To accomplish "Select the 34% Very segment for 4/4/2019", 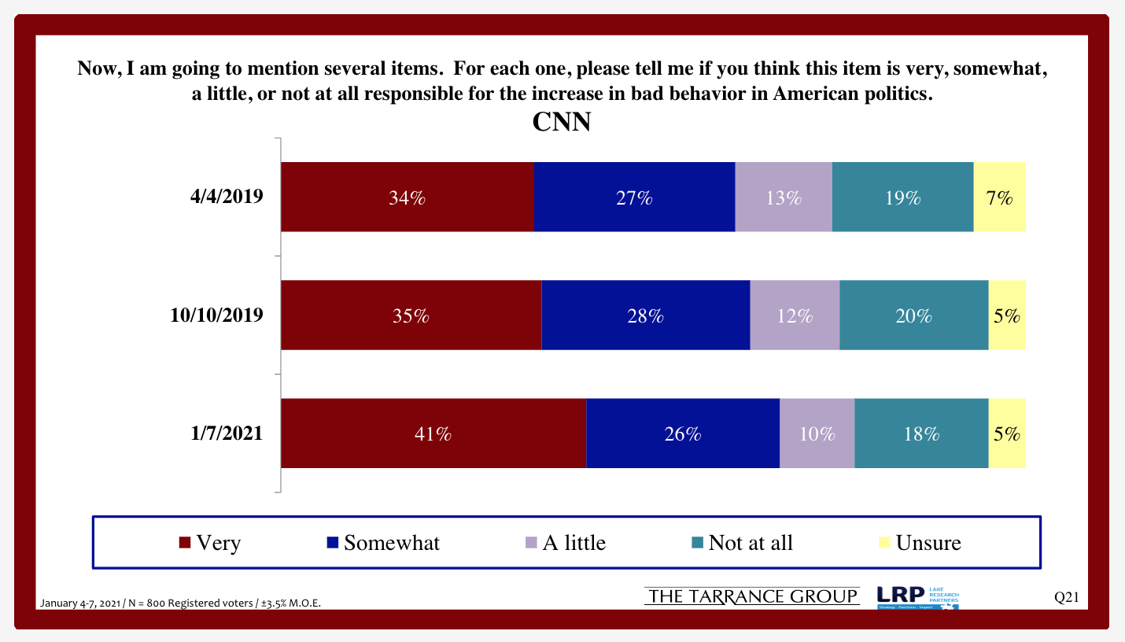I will click(408, 197).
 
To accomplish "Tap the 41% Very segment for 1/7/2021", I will click(433, 434).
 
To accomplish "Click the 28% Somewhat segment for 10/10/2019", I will click(645, 315).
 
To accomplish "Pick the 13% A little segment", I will click(783, 197).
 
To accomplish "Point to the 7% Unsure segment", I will click(999, 197).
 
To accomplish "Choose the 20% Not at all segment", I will click(913, 315).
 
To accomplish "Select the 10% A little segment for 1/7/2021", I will click(817, 434).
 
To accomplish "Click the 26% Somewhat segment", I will click(682, 434).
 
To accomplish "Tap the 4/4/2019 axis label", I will click(226, 197).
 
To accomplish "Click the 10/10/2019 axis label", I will click(216, 315).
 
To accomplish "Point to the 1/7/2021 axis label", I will click(226, 433).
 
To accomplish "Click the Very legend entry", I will click(210, 543).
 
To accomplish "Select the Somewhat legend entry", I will click(383, 543).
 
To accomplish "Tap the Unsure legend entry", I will click(920, 543).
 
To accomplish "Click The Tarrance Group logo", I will click(752, 597).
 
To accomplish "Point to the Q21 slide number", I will click(1066, 598).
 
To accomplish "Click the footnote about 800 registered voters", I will click(180, 603).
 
